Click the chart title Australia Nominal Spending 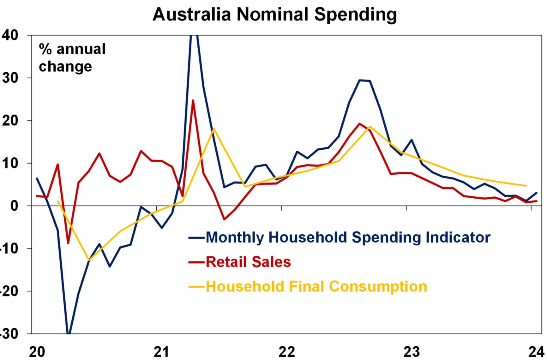274,15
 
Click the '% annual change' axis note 72,57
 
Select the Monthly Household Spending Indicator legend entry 347,237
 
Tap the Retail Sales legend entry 248,262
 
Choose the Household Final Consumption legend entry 316,287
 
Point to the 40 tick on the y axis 10,35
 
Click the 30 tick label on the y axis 10,78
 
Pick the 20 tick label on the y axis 10,121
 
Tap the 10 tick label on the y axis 10,163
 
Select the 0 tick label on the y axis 14,206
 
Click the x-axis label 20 37,351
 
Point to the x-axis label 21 161,351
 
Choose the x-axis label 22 286,351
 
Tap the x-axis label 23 411,351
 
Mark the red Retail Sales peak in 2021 193,100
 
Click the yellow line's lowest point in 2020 89,260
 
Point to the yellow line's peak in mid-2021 214,129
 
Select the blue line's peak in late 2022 360,80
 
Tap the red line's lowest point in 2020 68,243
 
